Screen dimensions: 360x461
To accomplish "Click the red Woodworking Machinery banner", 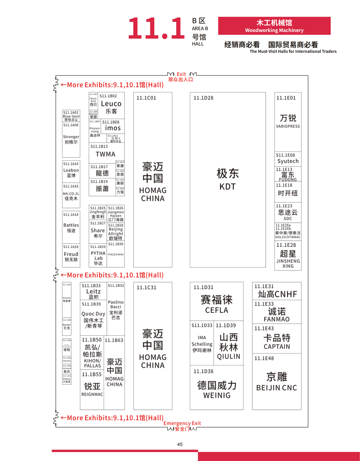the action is [x=274, y=26].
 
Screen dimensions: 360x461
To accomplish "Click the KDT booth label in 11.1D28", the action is [x=227, y=187].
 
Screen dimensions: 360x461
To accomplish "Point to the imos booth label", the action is [x=113, y=128].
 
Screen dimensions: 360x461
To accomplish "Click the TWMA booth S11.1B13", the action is [x=105, y=154].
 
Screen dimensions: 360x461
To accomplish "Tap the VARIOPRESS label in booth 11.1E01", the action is [x=288, y=127].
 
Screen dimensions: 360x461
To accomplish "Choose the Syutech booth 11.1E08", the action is [x=288, y=161].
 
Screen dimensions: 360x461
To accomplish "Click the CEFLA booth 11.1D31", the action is [x=216, y=310].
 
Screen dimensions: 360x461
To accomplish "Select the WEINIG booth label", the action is [x=217, y=395].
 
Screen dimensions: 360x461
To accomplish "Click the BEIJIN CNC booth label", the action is [x=276, y=388].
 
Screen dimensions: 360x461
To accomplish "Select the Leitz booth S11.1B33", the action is [x=93, y=292].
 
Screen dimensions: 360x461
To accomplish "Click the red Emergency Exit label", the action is [x=182, y=423].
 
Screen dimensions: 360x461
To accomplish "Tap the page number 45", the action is [x=180, y=444].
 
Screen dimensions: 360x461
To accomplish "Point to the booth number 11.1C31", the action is [x=146, y=287].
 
